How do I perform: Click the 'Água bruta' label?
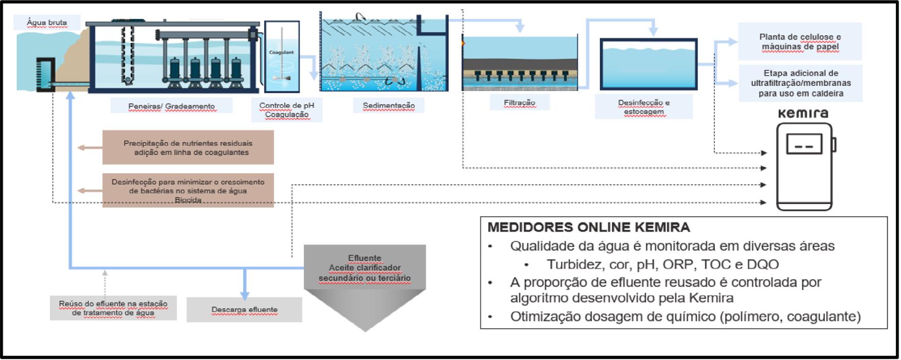pos(47,22)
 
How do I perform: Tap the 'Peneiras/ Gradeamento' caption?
pos(171,106)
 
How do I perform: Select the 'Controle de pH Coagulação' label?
pos(287,110)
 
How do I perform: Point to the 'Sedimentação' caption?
pos(389,105)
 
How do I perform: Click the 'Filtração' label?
pos(519,102)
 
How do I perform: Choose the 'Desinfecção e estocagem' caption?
pos(644,107)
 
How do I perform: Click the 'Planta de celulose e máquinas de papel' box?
pos(800,41)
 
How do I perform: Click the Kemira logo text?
pos(803,114)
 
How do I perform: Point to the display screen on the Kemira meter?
pos(804,144)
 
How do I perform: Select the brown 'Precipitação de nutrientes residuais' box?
pos(188,147)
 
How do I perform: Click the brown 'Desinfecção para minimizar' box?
pos(188,190)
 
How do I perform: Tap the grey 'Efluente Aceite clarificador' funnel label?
pos(364,268)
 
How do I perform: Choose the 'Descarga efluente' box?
pos(244,309)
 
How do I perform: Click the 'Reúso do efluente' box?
pos(113,308)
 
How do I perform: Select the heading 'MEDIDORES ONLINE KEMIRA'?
pos(588,227)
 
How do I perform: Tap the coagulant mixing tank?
pos(282,56)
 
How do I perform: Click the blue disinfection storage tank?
pos(648,64)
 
